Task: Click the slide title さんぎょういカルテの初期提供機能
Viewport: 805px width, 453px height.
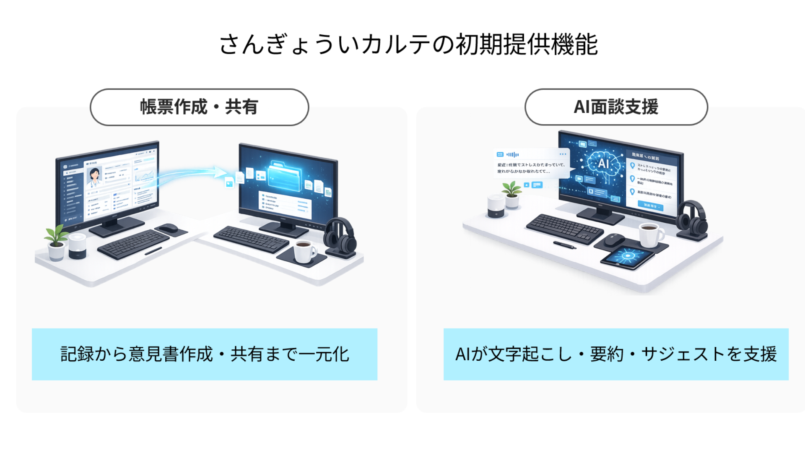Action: click(408, 44)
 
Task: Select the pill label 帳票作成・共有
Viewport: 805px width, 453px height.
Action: click(199, 107)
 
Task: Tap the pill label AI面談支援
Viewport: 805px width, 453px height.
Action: click(616, 107)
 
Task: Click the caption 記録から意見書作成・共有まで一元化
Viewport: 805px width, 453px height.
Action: click(205, 354)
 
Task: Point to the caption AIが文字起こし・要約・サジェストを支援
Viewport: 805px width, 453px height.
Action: click(615, 354)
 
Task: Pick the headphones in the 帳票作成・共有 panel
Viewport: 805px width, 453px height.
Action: click(340, 237)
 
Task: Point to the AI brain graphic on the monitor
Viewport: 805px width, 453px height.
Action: click(603, 163)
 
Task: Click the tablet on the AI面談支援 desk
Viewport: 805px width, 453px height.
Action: click(628, 256)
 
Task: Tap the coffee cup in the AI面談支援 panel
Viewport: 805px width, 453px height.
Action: click(651, 235)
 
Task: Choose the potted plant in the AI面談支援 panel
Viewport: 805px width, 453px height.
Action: click(512, 194)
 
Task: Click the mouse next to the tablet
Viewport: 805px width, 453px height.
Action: click(615, 240)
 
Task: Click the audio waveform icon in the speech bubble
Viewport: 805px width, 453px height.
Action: click(513, 154)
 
